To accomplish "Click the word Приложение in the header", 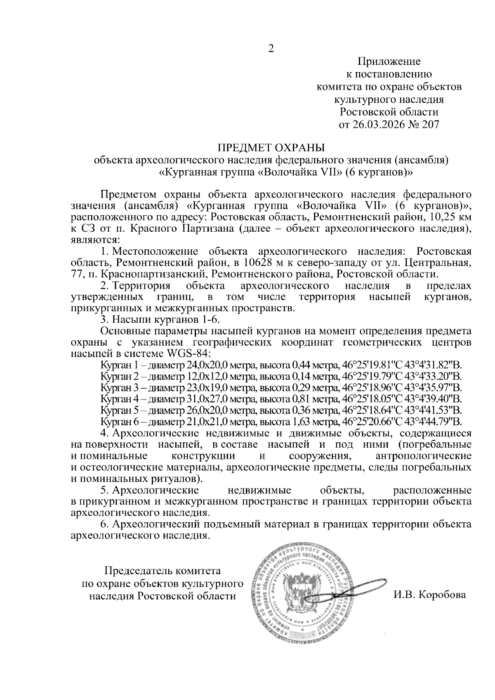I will point(389,62).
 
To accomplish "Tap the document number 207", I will point(430,124).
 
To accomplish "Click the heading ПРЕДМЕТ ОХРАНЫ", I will point(271,148).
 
